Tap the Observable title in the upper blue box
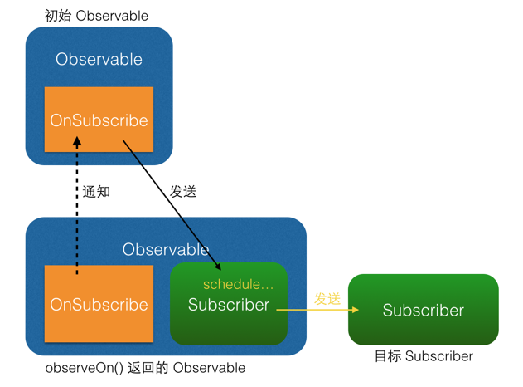pos(99,60)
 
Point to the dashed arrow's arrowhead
pos(77,141)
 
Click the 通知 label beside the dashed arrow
pos(96,192)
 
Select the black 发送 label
pos(183,192)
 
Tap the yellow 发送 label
pos(327,299)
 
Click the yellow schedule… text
pos(239,284)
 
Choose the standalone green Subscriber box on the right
pos(423,310)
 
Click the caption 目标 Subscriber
pos(424,356)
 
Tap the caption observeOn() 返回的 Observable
pos(145,368)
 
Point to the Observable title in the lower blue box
pos(166,249)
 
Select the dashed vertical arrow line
pos(77,208)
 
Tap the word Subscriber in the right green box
pos(423,311)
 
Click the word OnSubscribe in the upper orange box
pos(99,120)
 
